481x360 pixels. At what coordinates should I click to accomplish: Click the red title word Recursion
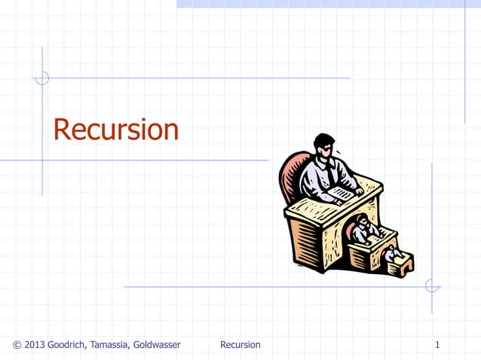point(115,130)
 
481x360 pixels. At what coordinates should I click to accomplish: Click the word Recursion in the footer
point(240,345)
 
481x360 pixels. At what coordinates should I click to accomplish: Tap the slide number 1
point(437,345)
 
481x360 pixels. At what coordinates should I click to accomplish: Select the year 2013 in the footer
point(35,345)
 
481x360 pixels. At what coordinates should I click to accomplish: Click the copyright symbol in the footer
point(17,345)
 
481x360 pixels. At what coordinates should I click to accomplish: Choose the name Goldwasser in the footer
point(156,345)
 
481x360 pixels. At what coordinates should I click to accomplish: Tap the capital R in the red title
point(62,130)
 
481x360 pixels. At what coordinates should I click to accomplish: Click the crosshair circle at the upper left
point(42,78)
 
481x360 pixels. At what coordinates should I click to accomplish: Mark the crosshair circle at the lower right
point(432,286)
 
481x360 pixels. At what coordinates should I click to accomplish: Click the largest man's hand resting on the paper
point(359,191)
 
